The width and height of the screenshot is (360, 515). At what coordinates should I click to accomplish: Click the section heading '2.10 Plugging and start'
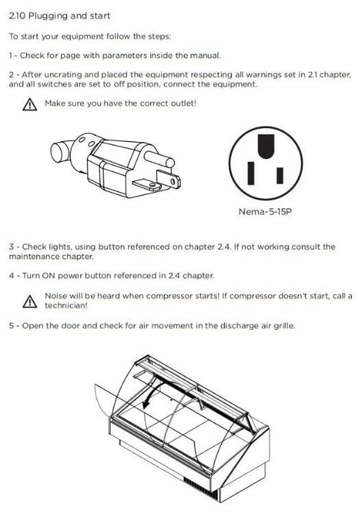coord(60,15)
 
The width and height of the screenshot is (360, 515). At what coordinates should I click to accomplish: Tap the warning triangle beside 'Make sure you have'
coord(29,104)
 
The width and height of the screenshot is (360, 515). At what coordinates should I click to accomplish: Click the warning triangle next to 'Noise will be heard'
coord(29,301)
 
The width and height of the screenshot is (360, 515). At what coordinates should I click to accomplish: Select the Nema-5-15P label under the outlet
coord(265,212)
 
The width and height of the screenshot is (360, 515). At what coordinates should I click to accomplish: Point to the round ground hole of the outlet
coord(267,146)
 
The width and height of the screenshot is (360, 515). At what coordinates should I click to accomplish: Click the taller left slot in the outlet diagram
coord(251,173)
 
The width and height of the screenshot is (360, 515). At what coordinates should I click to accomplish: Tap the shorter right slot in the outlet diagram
coord(280,175)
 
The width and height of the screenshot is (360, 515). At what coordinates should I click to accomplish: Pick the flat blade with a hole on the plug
coord(169,179)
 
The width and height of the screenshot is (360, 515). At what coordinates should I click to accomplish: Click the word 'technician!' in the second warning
coord(66,305)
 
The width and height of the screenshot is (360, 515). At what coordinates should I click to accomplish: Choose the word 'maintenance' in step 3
coord(29,257)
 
